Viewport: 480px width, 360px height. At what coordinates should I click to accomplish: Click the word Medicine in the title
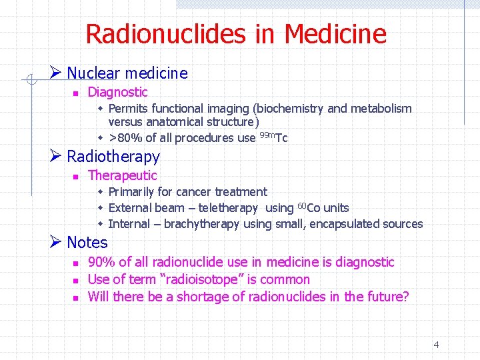pyautogui.click(x=335, y=33)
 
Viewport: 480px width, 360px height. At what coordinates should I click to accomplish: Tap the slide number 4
pyautogui.click(x=436, y=345)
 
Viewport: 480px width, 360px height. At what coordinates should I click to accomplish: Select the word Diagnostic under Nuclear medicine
pyautogui.click(x=117, y=92)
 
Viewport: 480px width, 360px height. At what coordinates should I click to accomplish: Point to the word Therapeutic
pyautogui.click(x=122, y=175)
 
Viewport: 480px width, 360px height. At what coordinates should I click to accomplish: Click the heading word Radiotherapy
pyautogui.click(x=113, y=157)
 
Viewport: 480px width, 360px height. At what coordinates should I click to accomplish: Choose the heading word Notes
pyautogui.click(x=87, y=243)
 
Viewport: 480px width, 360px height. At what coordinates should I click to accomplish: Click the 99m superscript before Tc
pyautogui.click(x=266, y=135)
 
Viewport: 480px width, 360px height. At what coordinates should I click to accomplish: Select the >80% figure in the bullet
pyautogui.click(x=120, y=138)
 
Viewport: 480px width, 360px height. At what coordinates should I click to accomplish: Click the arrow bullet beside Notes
pyautogui.click(x=56, y=242)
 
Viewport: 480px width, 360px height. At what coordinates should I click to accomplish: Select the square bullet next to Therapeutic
pyautogui.click(x=76, y=177)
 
